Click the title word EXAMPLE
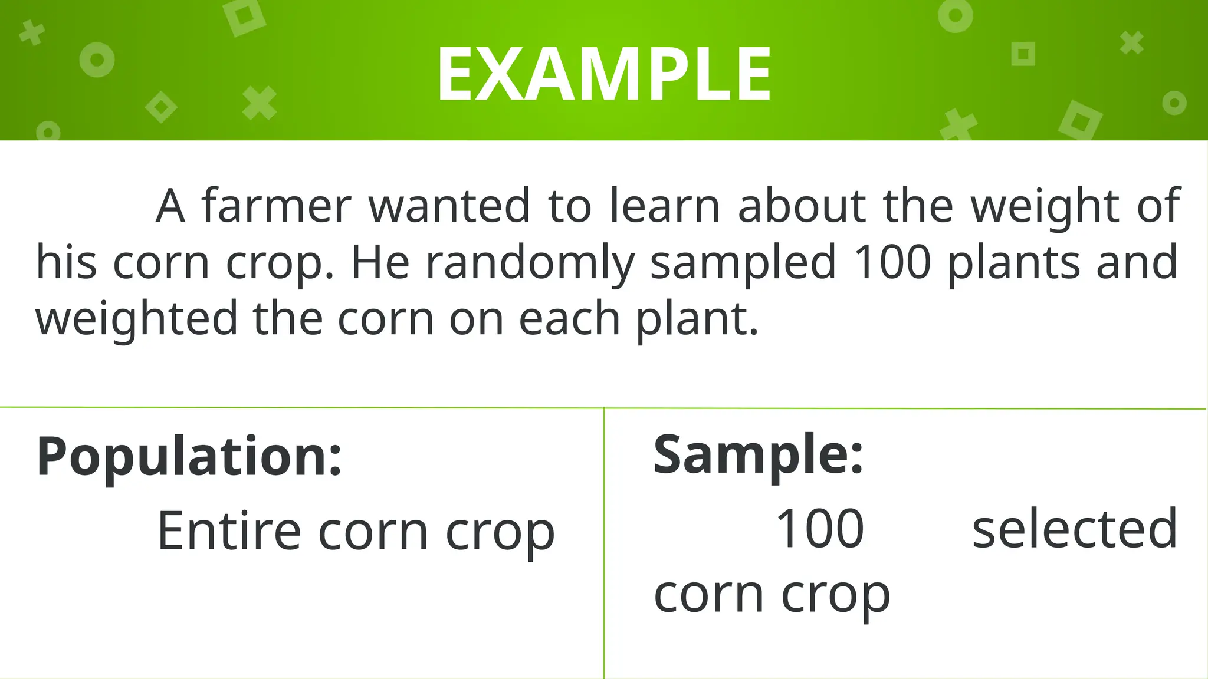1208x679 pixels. coord(603,75)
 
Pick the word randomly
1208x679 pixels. coord(530,263)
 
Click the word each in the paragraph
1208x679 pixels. coord(569,318)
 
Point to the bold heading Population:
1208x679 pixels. coord(189,456)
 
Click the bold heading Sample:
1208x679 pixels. coord(759,455)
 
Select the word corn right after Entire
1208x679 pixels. coord(373,532)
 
